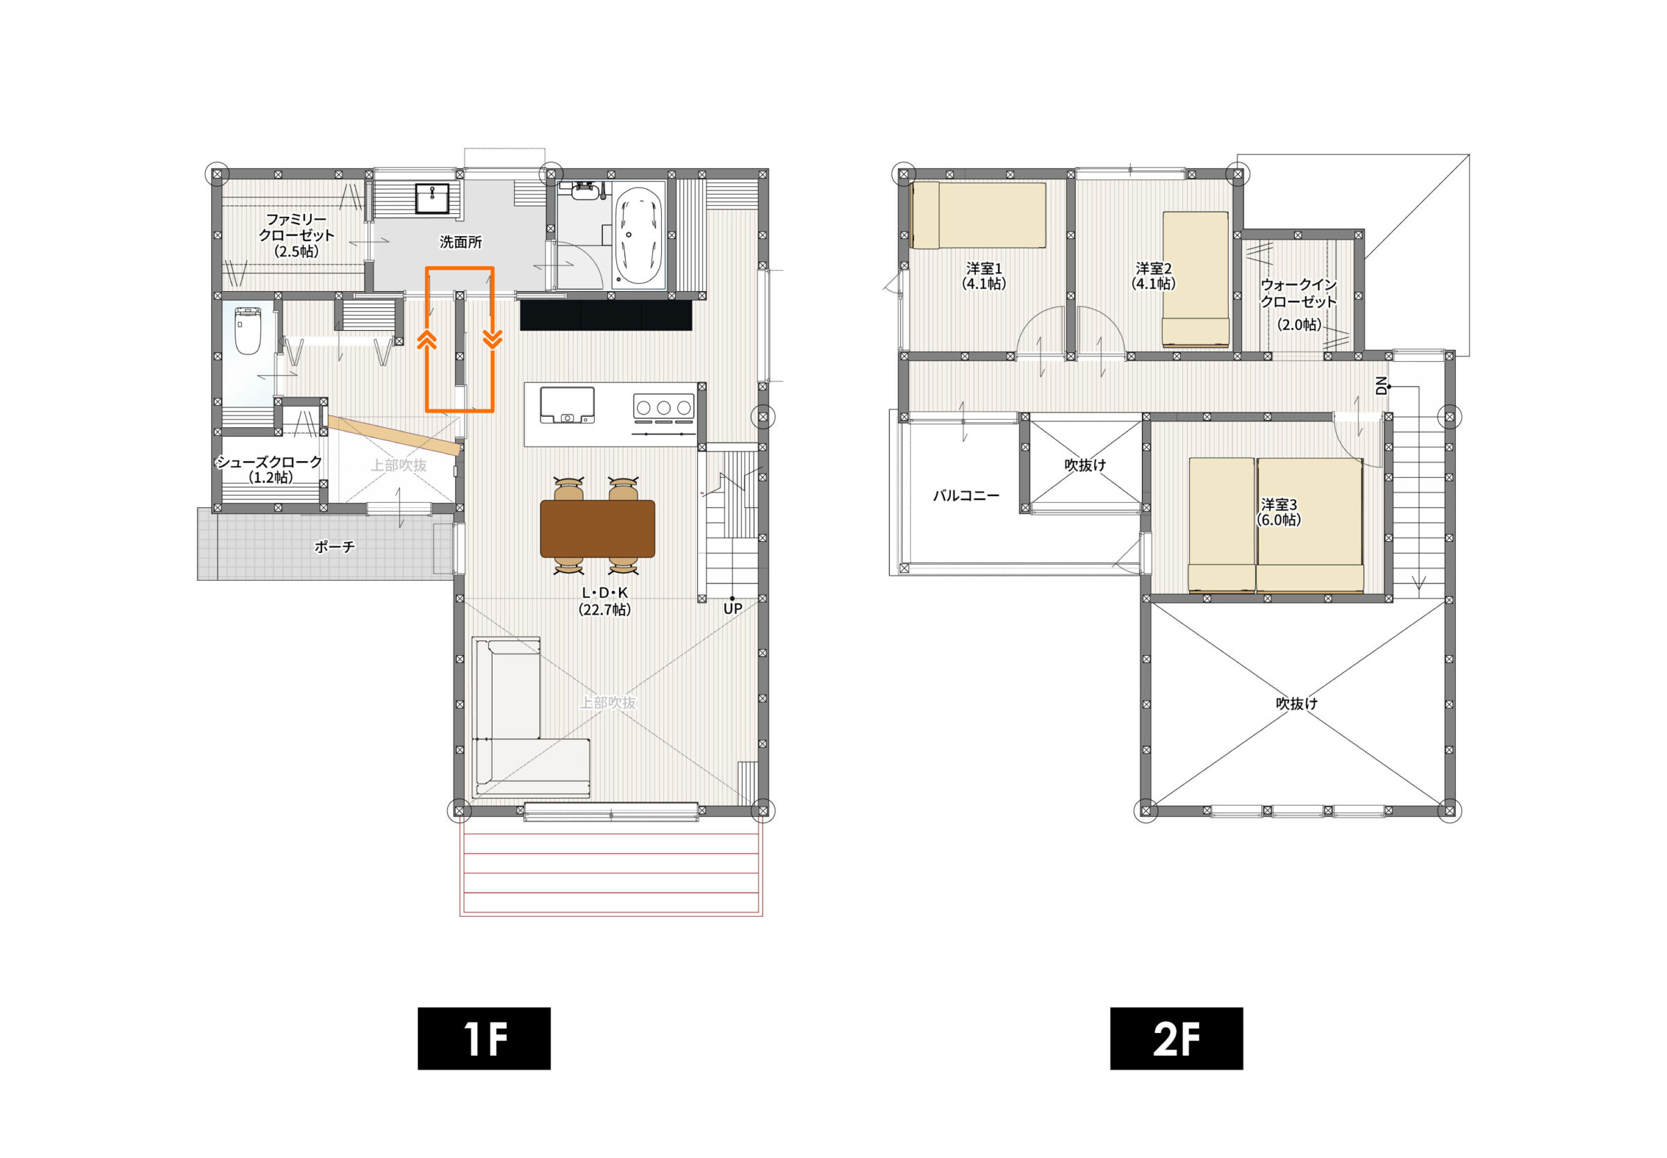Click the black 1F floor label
point(484,1038)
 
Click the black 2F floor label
point(1176,1038)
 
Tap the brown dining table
point(598,528)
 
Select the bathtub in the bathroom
point(639,235)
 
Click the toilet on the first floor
point(247,331)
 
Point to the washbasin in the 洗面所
point(432,198)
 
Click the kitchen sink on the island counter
point(567,405)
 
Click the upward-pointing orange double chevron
point(427,340)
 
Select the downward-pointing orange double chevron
point(492,339)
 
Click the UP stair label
point(733,608)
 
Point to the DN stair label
point(1382,386)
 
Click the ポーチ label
point(334,546)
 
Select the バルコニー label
point(966,495)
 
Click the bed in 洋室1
point(979,215)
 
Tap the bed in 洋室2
point(1195,279)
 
